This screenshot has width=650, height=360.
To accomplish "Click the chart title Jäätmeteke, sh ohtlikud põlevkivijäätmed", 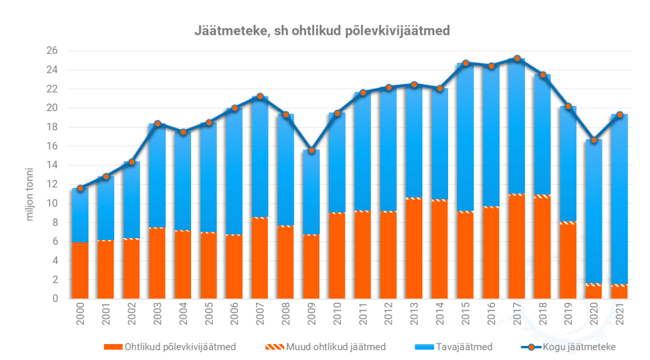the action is point(322,30).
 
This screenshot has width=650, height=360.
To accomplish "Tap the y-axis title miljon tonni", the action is point(29,194).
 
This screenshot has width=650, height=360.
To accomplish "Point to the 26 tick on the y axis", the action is point(52,51).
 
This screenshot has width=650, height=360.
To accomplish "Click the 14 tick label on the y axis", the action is point(52,165).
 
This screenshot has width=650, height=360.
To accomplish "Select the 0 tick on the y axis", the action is point(55,298).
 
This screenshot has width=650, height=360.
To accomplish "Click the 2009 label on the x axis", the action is point(311,314).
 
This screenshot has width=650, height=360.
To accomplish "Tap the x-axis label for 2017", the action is point(517,314).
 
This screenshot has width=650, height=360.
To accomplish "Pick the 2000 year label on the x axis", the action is point(80,314).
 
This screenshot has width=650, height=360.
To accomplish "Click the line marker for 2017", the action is point(517,58).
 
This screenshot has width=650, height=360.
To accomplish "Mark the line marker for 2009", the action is point(311,150).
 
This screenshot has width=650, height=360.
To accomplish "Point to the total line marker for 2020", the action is point(594,140).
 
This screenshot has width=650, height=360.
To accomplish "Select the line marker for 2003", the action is point(157,123).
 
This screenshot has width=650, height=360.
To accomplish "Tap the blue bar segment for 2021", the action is point(620,199).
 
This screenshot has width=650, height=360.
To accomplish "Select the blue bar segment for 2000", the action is point(80,215).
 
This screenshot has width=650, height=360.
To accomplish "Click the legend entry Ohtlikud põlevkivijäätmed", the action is point(170,347).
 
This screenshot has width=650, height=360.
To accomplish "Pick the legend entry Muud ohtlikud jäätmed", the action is point(326,347).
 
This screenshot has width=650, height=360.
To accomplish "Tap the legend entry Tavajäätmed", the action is point(453,347).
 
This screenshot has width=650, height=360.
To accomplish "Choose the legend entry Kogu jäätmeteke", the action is point(568,347).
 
